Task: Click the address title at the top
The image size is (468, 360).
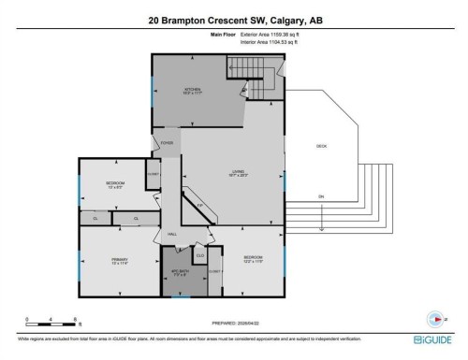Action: point(233,18)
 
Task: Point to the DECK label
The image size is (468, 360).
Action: point(321,145)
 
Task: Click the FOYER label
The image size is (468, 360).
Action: point(167,143)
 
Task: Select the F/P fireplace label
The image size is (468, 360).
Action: point(199,206)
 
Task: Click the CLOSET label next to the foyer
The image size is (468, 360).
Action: point(152,173)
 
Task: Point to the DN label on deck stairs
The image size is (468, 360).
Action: point(320,196)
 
